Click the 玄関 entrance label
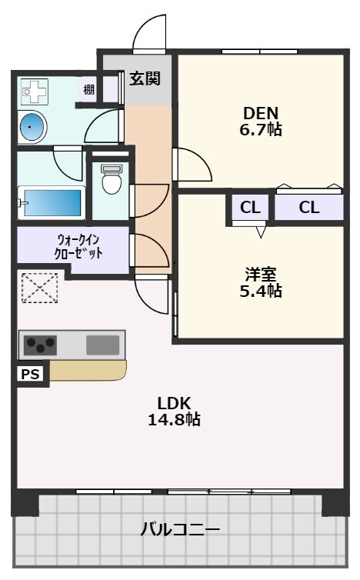pos(145,78)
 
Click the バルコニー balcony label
pos(180,530)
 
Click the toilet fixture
pos(112,182)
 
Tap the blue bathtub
pos(52,204)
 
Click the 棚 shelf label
pos(89,90)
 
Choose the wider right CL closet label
pos(308,207)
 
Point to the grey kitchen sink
pos(102,344)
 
